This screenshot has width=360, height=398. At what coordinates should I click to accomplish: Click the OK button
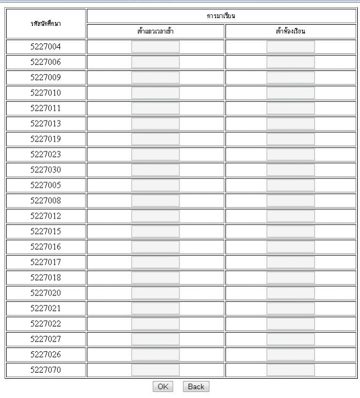(x=162, y=386)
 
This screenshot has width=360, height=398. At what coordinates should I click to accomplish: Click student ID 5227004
(x=46, y=47)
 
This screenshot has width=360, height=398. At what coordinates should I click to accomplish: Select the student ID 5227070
(x=46, y=369)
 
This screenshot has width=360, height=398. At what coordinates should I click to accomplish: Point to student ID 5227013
(x=46, y=124)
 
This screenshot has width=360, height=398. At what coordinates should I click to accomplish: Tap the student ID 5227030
(x=46, y=170)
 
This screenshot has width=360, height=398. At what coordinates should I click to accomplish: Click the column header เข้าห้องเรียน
(x=290, y=31)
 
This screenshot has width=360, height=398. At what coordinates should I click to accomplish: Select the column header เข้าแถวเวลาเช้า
(x=155, y=31)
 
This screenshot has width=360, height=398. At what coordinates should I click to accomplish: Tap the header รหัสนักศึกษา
(x=46, y=24)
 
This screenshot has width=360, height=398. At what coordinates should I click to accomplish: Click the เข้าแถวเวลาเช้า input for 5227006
(x=155, y=62)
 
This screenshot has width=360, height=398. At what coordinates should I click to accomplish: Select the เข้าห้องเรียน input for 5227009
(x=290, y=77)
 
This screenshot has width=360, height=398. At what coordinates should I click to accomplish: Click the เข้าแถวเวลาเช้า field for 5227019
(x=155, y=139)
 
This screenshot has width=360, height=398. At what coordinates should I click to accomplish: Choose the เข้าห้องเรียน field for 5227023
(x=290, y=154)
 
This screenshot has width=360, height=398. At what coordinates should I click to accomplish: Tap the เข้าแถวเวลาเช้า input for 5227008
(x=155, y=200)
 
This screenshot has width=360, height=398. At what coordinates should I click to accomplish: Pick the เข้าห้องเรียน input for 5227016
(x=290, y=246)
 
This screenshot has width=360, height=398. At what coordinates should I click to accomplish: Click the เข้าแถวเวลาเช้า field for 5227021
(x=155, y=308)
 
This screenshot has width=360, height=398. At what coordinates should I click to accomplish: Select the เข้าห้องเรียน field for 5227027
(x=290, y=339)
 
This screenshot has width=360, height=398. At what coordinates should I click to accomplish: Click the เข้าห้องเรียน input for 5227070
(x=290, y=369)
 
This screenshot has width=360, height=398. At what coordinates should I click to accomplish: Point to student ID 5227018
(x=46, y=277)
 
